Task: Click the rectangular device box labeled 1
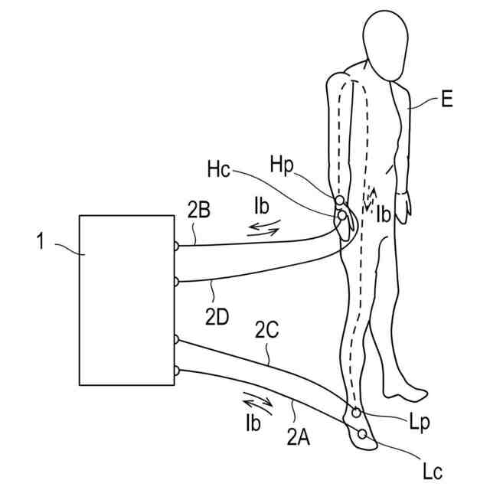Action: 126,299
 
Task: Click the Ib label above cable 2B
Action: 262,207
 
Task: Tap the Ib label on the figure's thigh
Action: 384,216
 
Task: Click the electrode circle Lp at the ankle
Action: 356,413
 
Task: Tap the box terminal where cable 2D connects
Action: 176,281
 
